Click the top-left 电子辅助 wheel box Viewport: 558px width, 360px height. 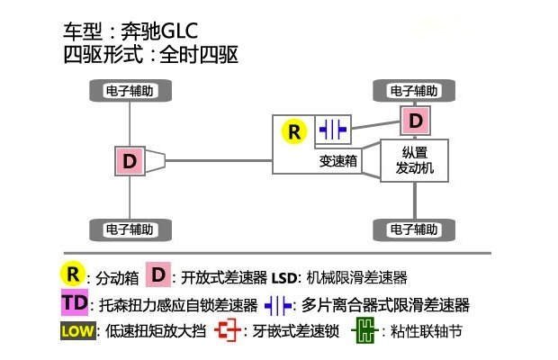coord(130,90)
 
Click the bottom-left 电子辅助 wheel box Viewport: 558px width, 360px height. coord(130,229)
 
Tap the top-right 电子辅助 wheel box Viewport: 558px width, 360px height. coord(415,90)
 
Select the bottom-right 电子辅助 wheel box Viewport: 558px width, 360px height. coord(415,229)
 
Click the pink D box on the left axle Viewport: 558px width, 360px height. coord(130,161)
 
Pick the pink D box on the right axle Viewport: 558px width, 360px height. coord(415,120)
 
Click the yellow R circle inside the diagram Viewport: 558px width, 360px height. coord(294,131)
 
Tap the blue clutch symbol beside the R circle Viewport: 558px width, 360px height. coord(332,130)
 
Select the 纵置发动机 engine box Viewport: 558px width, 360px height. coord(414,161)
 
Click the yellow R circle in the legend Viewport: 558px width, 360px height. coord(73,275)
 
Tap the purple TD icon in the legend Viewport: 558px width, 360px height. coord(76,303)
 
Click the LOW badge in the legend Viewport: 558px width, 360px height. coord(76,331)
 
